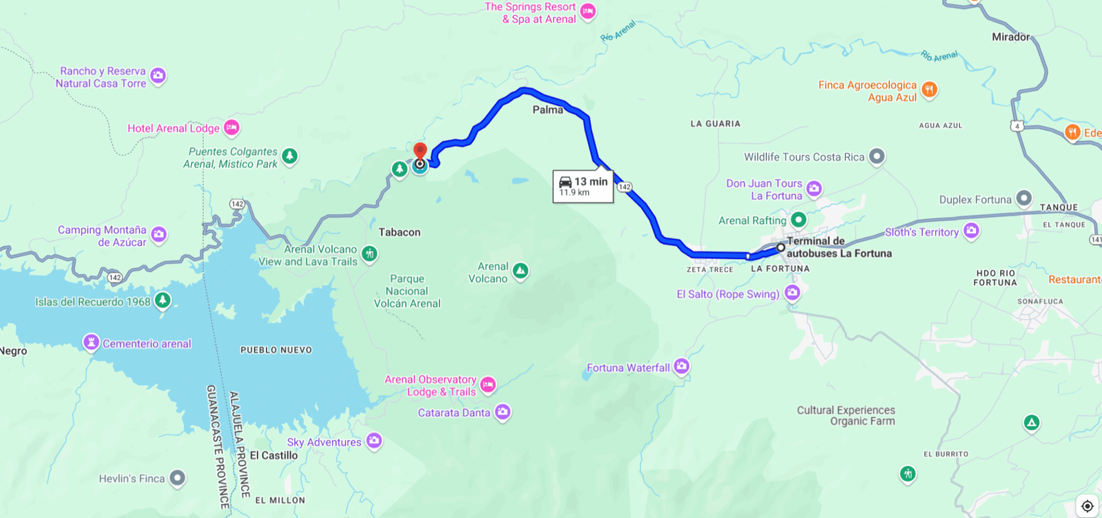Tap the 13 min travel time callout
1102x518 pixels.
(583, 186)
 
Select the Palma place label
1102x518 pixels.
(548, 110)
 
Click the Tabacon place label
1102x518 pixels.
(399, 232)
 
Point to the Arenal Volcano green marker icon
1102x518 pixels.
(521, 271)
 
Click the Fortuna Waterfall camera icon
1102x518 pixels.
(682, 366)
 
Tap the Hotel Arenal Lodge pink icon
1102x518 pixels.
(231, 127)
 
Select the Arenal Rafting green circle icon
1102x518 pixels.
(798, 220)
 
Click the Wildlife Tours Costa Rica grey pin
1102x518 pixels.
(876, 156)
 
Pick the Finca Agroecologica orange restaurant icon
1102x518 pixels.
(929, 90)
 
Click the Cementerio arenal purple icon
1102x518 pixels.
(91, 342)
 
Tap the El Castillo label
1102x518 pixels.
(273, 455)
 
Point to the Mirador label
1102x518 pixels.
(1010, 37)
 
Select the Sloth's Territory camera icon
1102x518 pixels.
(971, 231)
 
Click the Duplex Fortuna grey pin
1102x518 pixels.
(1024, 198)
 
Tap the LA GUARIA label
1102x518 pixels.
(716, 124)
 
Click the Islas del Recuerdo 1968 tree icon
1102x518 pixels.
(163, 300)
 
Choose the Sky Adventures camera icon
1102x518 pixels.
(374, 441)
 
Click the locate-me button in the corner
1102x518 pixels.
(1087, 506)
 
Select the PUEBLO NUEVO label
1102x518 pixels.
(276, 350)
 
